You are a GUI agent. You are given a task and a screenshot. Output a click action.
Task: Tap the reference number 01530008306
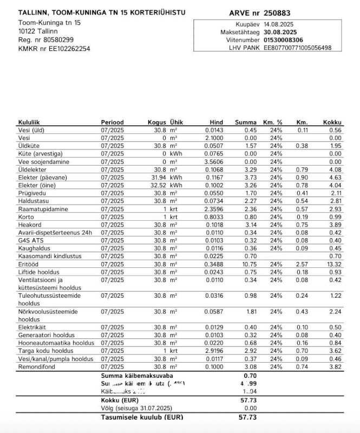283,40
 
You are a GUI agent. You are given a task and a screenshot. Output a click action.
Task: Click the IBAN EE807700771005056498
297,48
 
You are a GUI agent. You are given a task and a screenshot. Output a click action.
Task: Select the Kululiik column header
30,122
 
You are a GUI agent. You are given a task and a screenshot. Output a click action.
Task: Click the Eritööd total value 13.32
335,264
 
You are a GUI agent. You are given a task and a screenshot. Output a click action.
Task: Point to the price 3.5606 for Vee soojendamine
214,162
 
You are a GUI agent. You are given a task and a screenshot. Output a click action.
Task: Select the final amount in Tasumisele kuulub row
247,417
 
